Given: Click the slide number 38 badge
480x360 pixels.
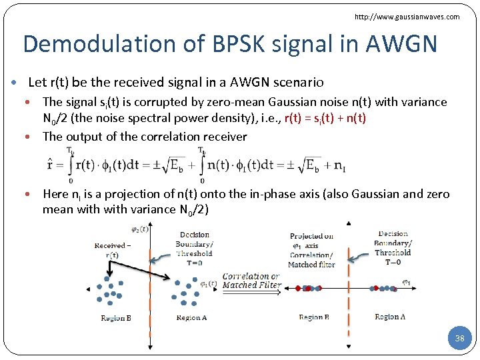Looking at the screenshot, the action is pyautogui.click(x=459, y=339).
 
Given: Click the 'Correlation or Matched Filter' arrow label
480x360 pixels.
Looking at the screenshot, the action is pyautogui.click(x=251, y=281).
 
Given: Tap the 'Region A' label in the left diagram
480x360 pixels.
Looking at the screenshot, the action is pyautogui.click(x=191, y=318).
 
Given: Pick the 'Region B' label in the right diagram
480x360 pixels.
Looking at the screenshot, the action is pyautogui.click(x=314, y=317).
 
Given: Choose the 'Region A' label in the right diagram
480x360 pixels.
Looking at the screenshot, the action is pyautogui.click(x=390, y=317).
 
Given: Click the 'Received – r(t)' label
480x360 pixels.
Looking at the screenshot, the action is pyautogui.click(x=111, y=250).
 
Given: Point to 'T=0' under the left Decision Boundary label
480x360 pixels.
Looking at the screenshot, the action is pyautogui.click(x=194, y=263).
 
